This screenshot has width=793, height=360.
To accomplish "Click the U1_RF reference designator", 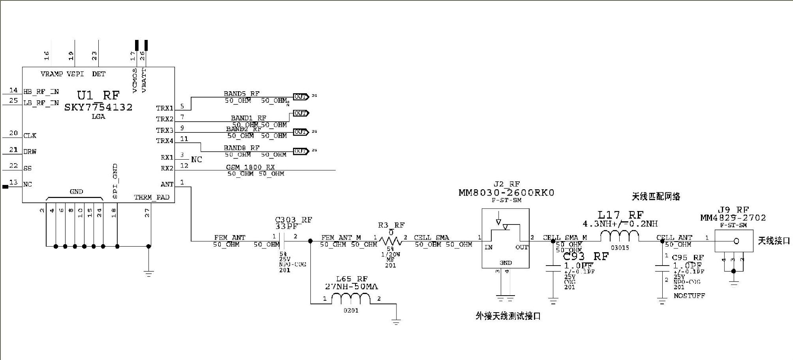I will coord(98,95).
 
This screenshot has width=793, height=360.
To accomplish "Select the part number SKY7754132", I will coord(98,107).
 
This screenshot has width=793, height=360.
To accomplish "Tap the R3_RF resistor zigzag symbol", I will coord(391,241).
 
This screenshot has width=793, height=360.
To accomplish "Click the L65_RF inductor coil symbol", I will coord(351,299).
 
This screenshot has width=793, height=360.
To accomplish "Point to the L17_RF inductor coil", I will coord(620,236).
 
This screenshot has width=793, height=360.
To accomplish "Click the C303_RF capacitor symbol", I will coord(282,241).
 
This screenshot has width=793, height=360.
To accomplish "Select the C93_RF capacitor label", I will coord(586,256).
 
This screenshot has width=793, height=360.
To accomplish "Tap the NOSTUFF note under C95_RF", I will coord(689,296).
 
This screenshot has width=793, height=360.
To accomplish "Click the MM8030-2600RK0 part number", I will coord(506,193).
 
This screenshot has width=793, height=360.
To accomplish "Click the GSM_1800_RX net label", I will coord(250,167).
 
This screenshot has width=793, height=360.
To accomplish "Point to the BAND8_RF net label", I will coord(241,148).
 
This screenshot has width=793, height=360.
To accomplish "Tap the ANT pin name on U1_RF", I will coord(167,184).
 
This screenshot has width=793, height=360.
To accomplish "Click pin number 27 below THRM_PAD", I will coord(147,213).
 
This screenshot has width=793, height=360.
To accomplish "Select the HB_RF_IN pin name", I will coord(41,92).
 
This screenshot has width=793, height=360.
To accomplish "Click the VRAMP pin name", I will coord(52,74).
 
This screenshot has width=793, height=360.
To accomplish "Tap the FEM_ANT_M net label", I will coord(341,237).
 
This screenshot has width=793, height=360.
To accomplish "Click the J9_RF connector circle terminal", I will coord(736,241).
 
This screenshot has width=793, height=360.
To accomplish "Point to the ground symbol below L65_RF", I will coord(396,321).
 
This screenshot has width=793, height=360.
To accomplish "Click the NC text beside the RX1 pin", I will coord(196,159).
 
